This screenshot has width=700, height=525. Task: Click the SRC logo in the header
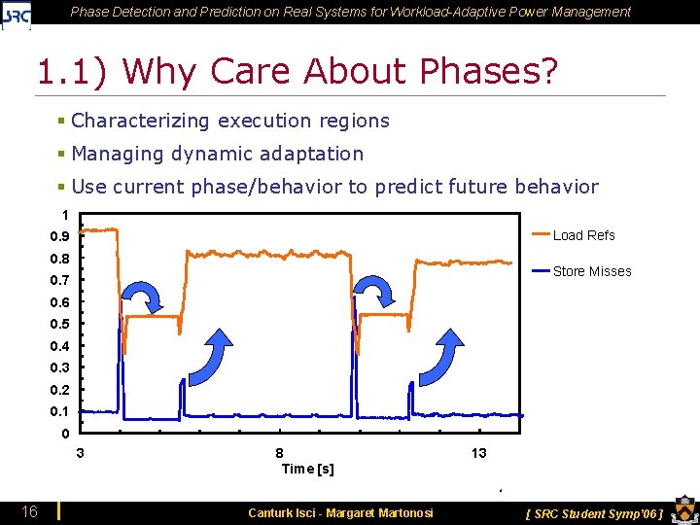[x=17, y=14]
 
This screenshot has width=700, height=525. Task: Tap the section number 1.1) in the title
[x=76, y=71]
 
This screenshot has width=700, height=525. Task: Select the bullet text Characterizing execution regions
[x=230, y=121]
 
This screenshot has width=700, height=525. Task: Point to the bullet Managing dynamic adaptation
[x=217, y=154]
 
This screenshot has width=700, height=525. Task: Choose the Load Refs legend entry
[x=583, y=235]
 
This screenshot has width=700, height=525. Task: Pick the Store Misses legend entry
[x=591, y=271]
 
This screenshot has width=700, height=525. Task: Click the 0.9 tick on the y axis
[x=60, y=236]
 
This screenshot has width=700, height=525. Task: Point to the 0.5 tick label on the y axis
[x=60, y=324]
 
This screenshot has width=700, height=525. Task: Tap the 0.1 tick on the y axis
[x=60, y=411]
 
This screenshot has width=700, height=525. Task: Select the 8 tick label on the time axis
[x=280, y=453]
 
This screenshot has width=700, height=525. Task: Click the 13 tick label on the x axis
[x=479, y=453]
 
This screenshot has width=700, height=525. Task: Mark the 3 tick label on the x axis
[x=80, y=453]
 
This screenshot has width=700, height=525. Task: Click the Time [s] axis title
[x=307, y=469]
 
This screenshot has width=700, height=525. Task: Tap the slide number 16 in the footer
[x=31, y=511]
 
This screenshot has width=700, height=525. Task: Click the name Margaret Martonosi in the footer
[x=379, y=512]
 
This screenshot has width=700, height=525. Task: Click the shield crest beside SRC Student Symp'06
[x=682, y=511]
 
